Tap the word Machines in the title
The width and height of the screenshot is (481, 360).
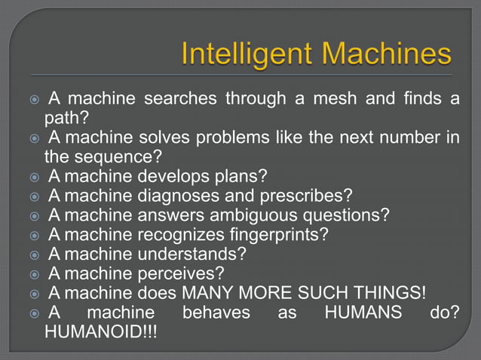(381, 55)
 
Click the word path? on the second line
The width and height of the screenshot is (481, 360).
(66, 118)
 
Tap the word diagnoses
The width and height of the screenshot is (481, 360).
(188, 197)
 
